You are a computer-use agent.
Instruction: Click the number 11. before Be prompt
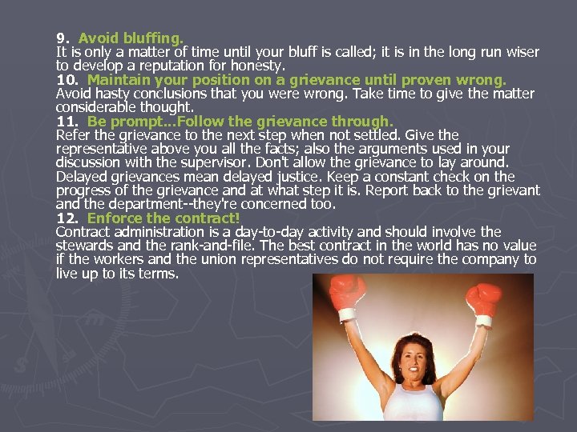[x=67, y=122]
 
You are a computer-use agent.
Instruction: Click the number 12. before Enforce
[x=67, y=218]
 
